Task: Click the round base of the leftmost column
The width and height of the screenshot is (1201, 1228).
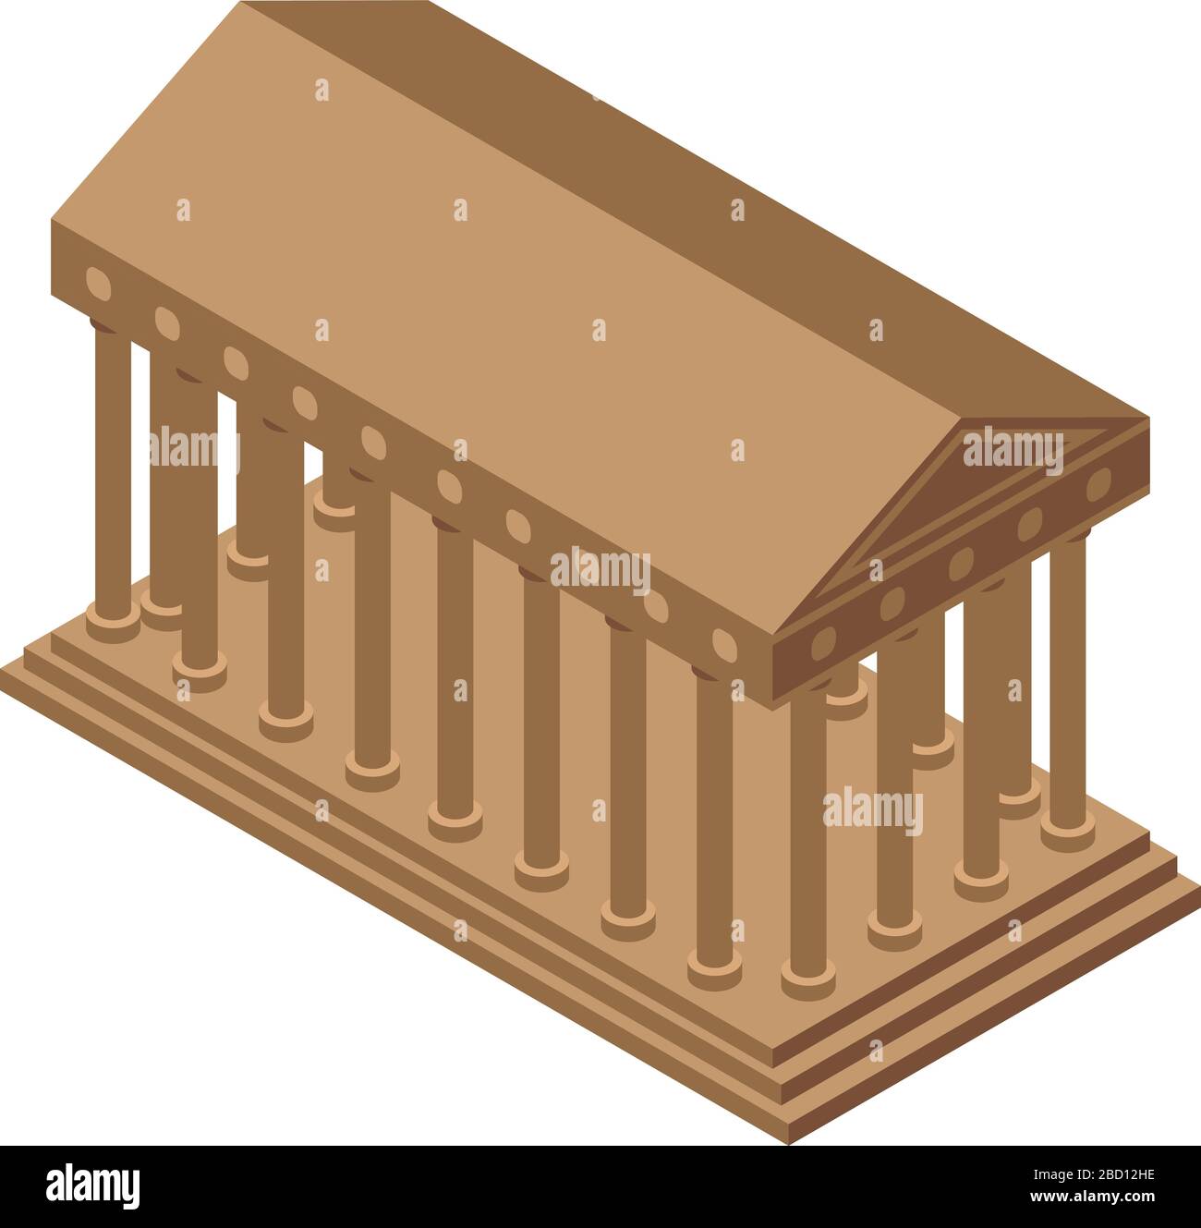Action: [x=113, y=624]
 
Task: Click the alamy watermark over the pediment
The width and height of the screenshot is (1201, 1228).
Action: [x=1013, y=451]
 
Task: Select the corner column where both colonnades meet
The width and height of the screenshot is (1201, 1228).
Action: [x=806, y=832]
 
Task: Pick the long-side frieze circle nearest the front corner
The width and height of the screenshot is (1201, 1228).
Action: [x=725, y=645]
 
